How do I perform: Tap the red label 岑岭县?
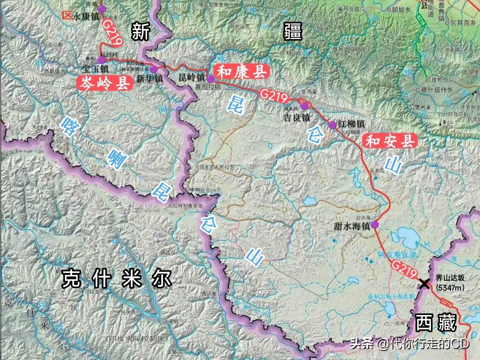pos(105,83)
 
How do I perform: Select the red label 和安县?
pos(389,141)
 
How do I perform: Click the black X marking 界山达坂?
pos(424,283)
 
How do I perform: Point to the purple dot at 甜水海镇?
pos(375,224)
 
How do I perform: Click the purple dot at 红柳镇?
pos(332,125)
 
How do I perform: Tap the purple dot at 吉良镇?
pos(304,106)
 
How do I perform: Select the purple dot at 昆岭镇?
pos(210,79)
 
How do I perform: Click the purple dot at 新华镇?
pos(154,69)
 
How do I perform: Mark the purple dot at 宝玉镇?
pos(101,59)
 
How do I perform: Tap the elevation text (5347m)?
pos(450,287)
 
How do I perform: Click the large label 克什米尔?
pos(117,278)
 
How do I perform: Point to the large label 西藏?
pos(436,323)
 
